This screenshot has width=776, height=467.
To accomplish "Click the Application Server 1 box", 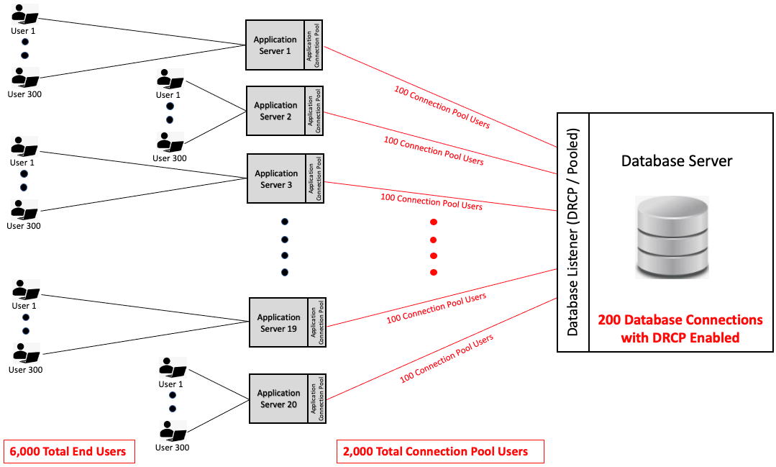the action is click(284, 45).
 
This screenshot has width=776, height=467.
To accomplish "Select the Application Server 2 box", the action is click(285, 111).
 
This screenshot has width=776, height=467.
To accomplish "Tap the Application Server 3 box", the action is click(286, 178).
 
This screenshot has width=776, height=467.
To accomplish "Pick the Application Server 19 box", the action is click(288, 322).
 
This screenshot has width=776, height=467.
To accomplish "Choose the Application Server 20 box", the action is click(288, 399).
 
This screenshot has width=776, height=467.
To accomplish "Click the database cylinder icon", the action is click(672, 237).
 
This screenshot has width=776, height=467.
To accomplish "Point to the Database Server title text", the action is click(677, 161).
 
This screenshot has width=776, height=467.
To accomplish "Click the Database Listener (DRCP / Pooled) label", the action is click(572, 232).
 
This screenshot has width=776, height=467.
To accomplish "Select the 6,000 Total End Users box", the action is click(69, 452).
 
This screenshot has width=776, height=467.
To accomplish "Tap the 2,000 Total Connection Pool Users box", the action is click(440, 452).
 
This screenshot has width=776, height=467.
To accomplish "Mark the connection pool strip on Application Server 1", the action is click(314, 45).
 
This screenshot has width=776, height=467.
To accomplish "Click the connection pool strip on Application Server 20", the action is click(316, 399).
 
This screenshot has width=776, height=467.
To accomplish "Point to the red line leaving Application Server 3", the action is click(440, 196).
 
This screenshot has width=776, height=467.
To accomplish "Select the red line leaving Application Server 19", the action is click(442, 298).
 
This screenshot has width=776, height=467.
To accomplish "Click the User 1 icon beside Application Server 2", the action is click(170, 79).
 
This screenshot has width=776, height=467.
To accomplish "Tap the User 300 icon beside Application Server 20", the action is click(173, 431).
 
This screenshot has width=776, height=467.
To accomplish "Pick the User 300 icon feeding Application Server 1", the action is click(25, 78).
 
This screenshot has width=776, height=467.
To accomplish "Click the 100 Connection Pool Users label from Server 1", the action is click(442, 107).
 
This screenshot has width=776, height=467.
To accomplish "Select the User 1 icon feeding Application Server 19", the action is click(26, 290).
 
